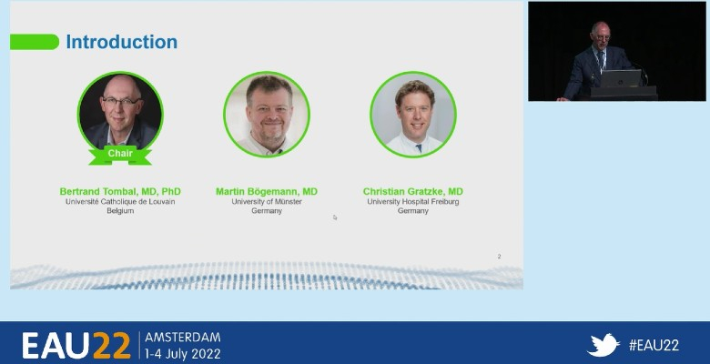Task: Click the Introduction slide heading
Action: click(122, 42)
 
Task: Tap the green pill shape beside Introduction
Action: click(35, 42)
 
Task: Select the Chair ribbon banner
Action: click(120, 155)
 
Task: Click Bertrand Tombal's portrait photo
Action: click(120, 113)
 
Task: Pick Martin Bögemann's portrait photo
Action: click(267, 114)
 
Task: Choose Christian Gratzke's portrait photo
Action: click(413, 114)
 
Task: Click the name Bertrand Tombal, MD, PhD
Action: click(120, 191)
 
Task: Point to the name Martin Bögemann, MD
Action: click(267, 191)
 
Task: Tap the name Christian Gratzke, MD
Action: click(413, 191)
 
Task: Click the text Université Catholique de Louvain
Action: click(120, 201)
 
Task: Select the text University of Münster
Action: click(267, 201)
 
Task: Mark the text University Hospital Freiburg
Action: click(413, 201)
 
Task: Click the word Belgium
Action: click(120, 211)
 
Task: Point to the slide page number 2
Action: click(499, 257)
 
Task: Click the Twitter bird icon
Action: click(603, 345)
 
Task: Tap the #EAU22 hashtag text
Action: click(654, 346)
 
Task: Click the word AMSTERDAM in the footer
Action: click(183, 338)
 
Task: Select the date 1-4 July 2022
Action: click(183, 354)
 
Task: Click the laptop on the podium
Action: click(621, 78)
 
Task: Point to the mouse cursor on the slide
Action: click(335, 217)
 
